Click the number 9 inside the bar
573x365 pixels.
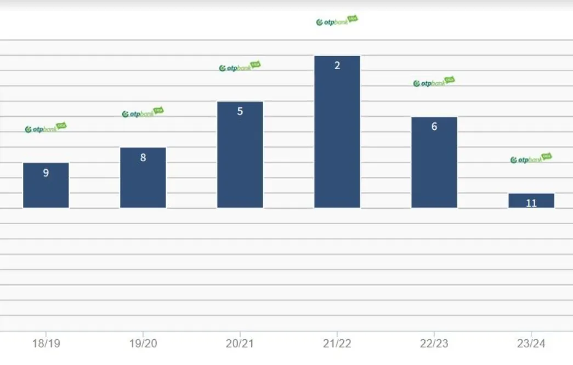point(46,173)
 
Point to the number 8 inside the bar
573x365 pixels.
point(143,158)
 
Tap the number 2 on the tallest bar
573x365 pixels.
point(337,66)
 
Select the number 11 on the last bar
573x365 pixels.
point(531,203)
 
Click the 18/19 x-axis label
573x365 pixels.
point(46,344)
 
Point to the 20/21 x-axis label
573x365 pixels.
point(240,344)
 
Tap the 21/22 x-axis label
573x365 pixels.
point(337,344)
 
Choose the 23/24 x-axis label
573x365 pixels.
point(531,344)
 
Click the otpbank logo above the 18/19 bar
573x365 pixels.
point(46,128)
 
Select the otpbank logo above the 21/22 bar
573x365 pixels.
point(337,21)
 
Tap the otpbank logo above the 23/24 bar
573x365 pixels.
point(531,159)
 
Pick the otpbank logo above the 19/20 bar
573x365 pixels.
point(143,113)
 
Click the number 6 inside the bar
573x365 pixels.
point(434,127)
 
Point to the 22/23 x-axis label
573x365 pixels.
point(434,344)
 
